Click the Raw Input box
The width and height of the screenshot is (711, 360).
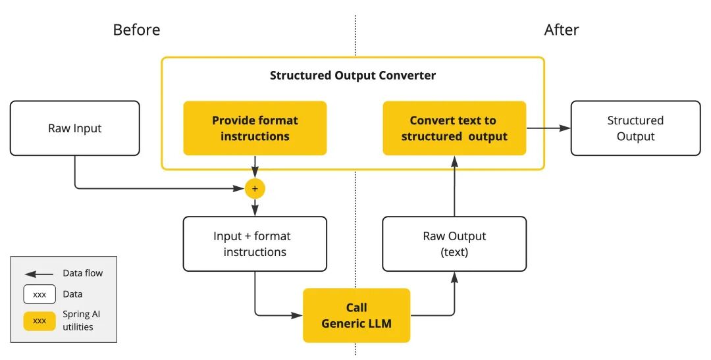74,128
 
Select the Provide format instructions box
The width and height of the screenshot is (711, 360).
255,128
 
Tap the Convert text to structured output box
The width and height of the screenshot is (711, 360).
454,128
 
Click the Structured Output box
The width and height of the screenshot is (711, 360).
635,128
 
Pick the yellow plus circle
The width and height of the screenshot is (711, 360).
255,189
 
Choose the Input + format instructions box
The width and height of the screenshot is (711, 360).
255,244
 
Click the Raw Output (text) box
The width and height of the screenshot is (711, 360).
454,244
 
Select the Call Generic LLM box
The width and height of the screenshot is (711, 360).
356,315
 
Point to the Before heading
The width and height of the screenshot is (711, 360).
136,30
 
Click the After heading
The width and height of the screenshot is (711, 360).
562,30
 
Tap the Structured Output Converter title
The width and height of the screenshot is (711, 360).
353,75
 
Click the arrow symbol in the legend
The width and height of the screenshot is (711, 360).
39,274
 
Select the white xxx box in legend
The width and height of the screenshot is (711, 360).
39,294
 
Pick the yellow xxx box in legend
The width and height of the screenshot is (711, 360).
39,321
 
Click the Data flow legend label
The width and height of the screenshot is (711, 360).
83,273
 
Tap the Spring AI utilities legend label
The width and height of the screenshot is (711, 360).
82,321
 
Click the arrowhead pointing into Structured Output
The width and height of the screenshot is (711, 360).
564,128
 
